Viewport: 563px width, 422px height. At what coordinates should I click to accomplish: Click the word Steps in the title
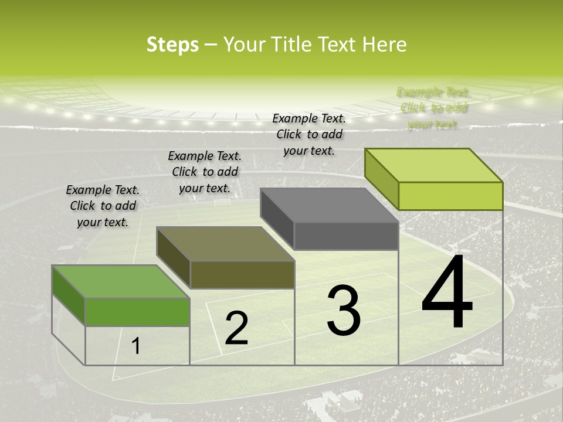[172, 45]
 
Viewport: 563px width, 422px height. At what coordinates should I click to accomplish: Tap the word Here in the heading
[385, 45]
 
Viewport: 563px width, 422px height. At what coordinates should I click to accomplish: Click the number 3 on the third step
[344, 310]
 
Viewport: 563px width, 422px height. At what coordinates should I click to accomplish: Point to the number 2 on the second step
[236, 328]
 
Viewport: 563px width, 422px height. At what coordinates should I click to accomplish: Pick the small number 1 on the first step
[136, 346]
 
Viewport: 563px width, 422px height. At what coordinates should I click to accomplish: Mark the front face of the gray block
[346, 236]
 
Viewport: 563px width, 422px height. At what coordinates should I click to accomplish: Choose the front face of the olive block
[242, 275]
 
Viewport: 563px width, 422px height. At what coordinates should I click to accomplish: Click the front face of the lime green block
[450, 196]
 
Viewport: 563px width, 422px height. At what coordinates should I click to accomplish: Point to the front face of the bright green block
[137, 312]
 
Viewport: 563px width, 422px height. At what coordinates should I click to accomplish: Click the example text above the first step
[103, 206]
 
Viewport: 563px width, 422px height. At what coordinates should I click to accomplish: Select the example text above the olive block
[205, 172]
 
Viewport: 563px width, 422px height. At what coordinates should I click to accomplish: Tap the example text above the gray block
[309, 134]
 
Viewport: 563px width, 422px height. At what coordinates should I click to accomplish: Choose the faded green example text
[433, 108]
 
